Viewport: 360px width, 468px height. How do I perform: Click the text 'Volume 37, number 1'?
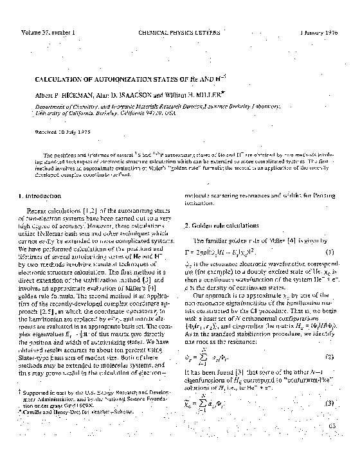48,32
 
